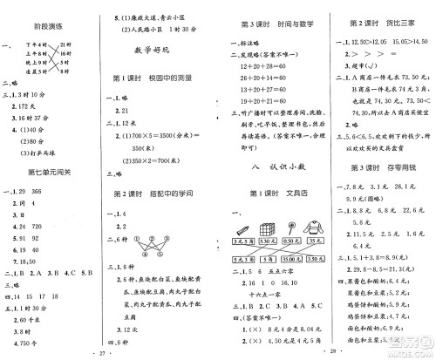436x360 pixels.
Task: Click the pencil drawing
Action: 242,230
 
